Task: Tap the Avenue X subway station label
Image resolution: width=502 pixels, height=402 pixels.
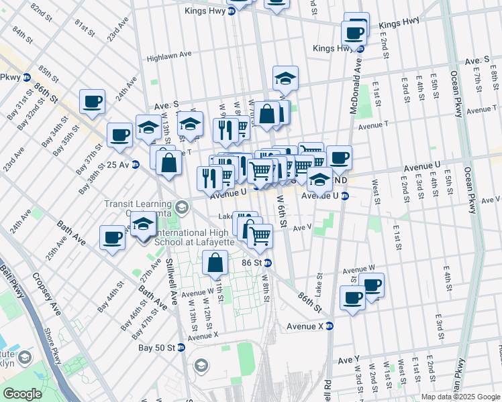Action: [305, 326]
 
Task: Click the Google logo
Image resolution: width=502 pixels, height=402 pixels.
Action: [23, 394]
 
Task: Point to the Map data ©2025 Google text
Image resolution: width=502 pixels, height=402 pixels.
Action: [460, 397]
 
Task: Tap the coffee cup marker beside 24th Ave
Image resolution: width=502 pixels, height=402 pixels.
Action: [92, 103]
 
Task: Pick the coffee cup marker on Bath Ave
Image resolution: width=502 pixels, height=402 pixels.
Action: [112, 237]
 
